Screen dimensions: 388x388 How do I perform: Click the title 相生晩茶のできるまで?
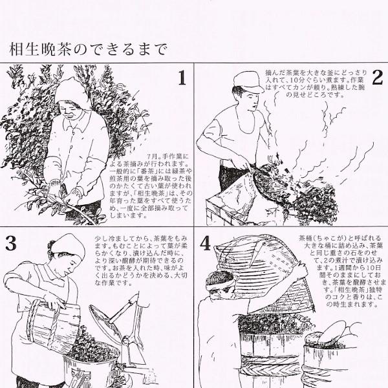(88, 48)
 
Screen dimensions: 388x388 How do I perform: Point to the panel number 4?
(206, 244)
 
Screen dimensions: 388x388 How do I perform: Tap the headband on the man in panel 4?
(220, 280)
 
